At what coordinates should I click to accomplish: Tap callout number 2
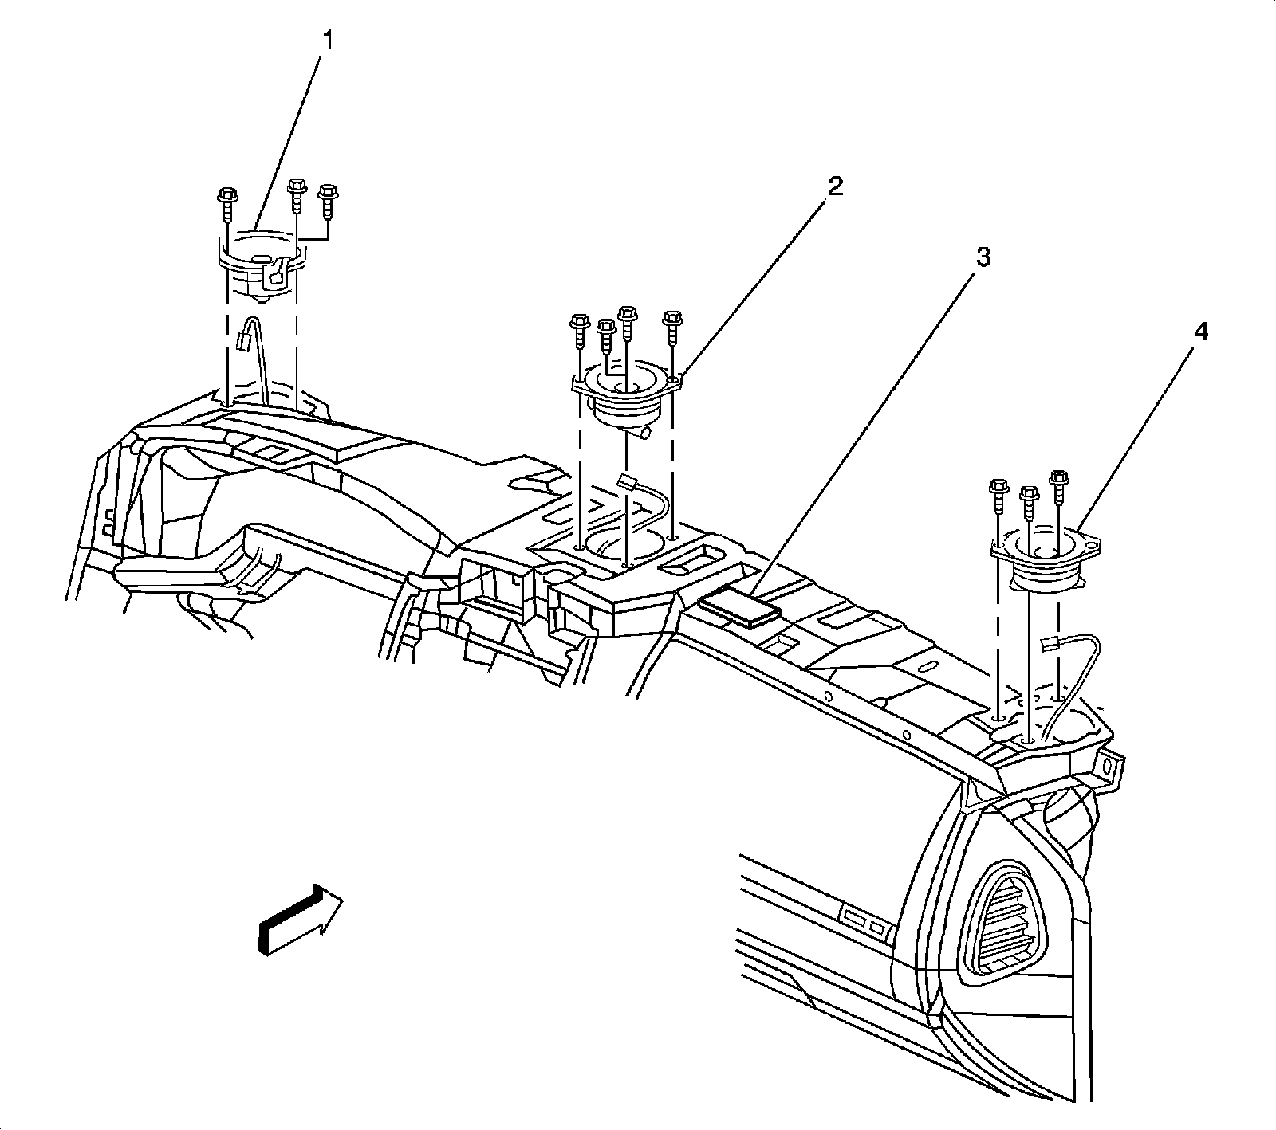pos(834,187)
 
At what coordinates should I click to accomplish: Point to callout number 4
pos(1200,332)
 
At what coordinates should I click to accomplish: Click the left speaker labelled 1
pos(261,267)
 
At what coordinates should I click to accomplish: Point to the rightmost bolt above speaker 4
pos(1060,484)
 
